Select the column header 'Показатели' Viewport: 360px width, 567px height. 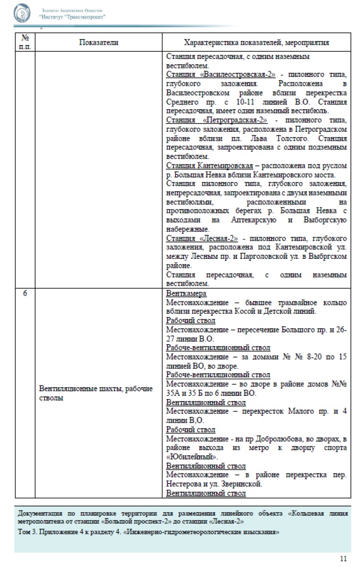coord(98,42)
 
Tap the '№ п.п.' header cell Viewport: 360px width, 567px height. coord(25,42)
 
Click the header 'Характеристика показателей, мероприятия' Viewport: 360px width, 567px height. coord(256,42)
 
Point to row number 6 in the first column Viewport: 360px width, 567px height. coord(25,294)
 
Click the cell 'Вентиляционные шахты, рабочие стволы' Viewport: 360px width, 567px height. coord(98,393)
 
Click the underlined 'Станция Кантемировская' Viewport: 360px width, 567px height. coord(209,166)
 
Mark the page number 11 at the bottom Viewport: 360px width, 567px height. coord(343,558)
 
